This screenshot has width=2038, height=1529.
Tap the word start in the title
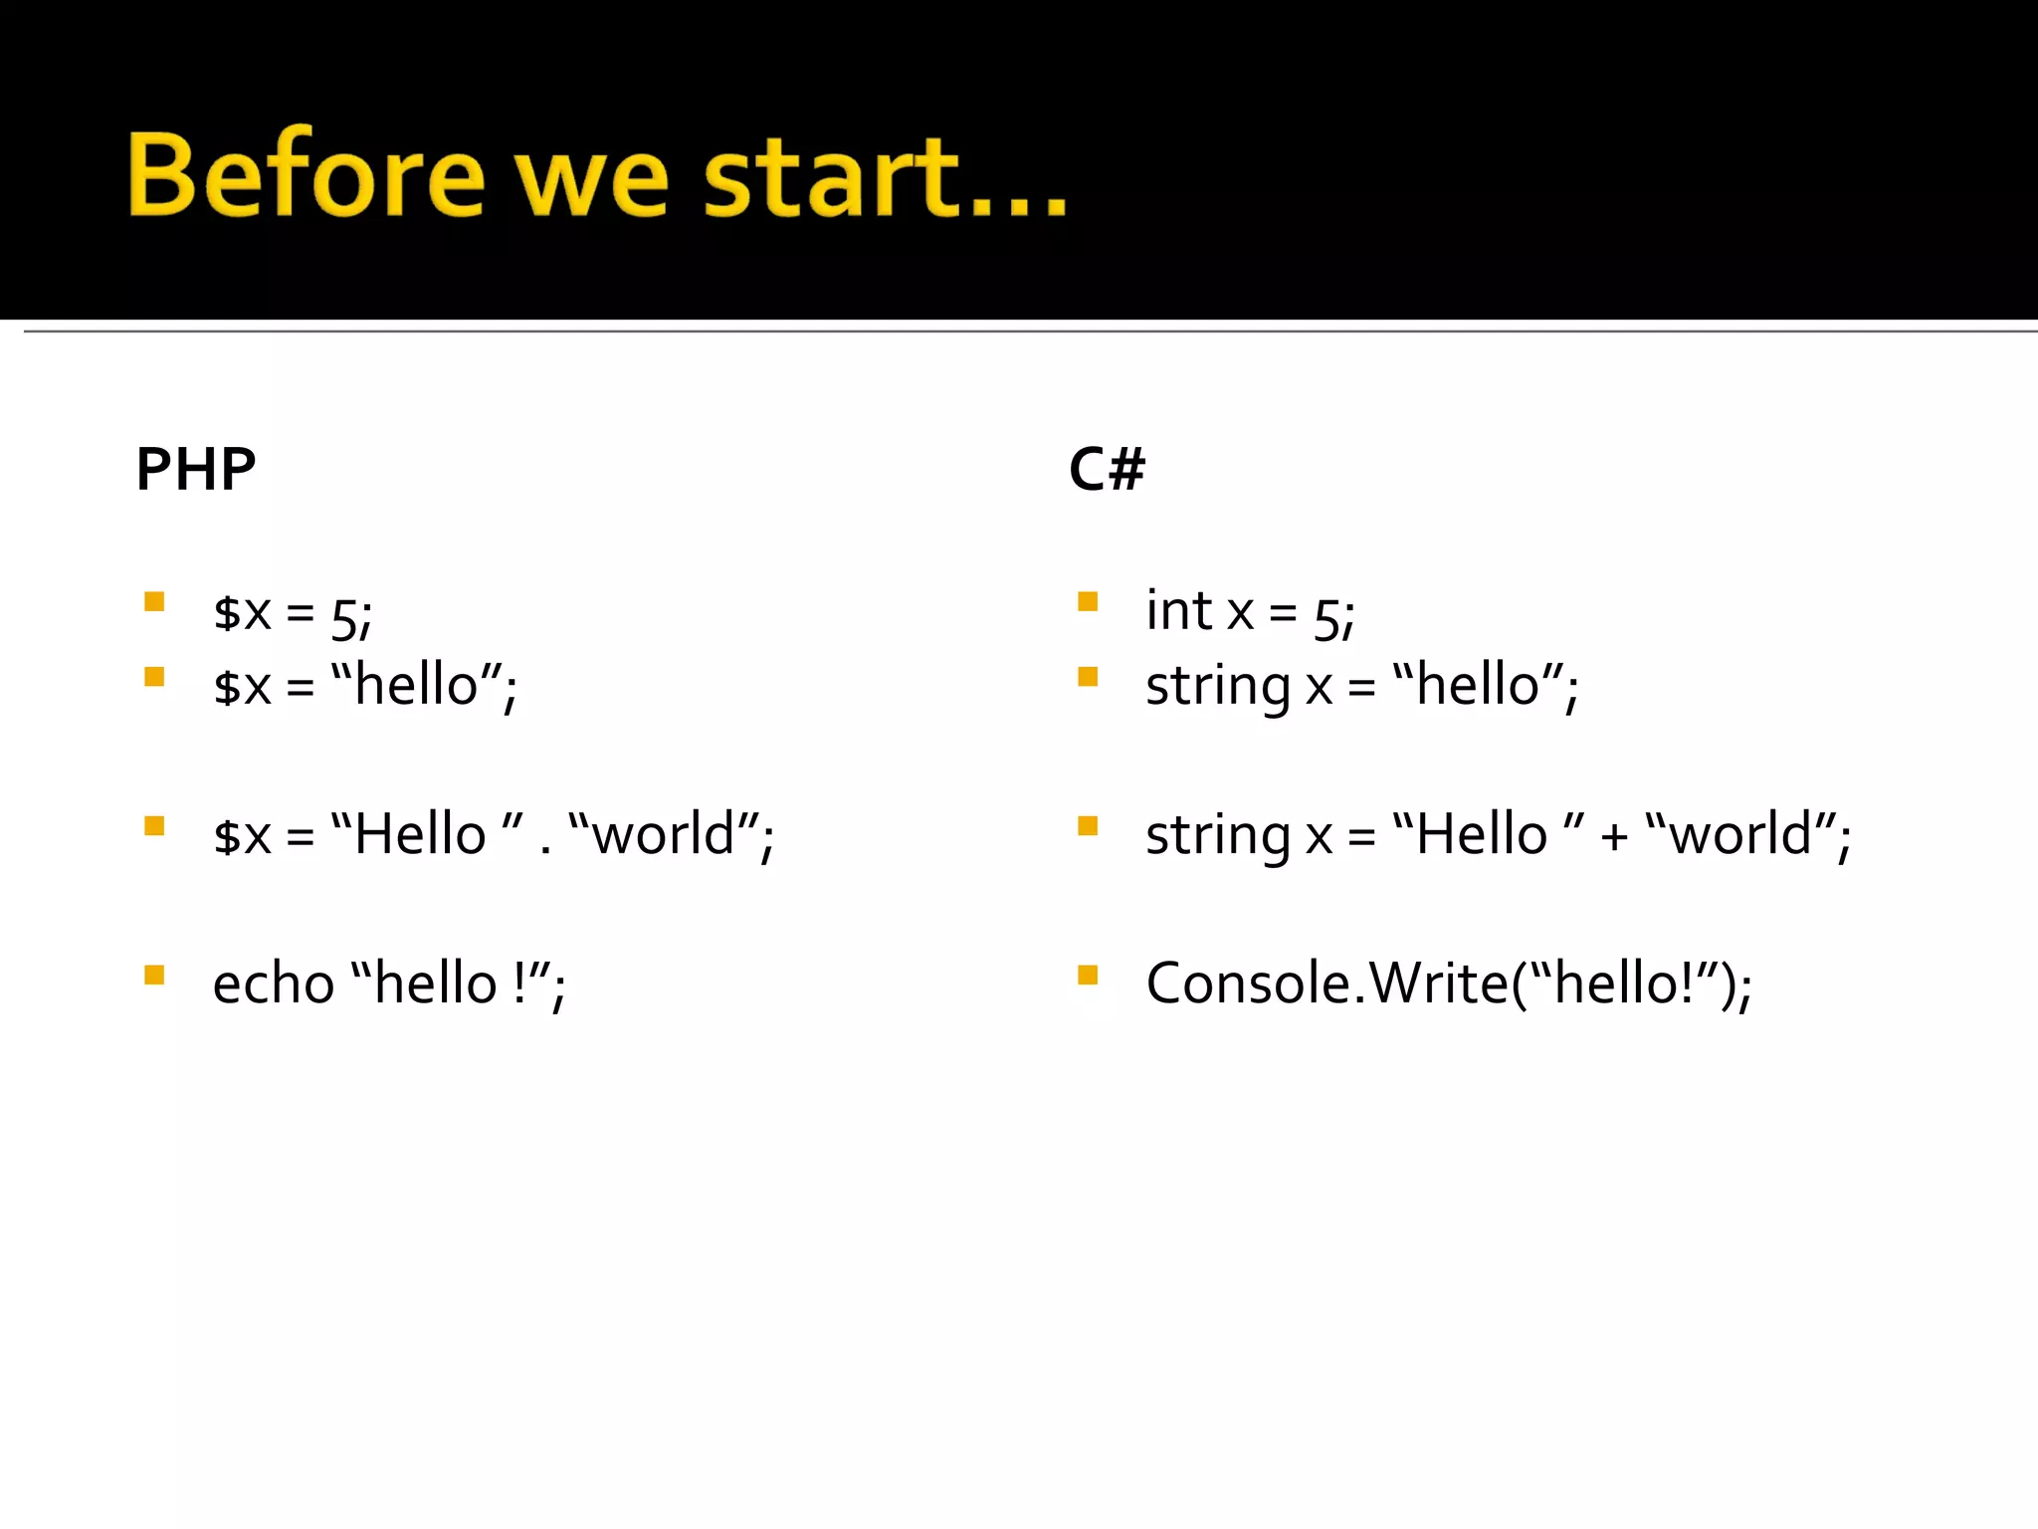(831, 177)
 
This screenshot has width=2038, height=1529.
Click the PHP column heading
(196, 469)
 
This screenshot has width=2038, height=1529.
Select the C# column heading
(1107, 469)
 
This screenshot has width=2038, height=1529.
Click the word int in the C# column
(1178, 610)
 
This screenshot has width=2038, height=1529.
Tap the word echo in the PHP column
(274, 983)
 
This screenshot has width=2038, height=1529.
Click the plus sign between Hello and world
(1614, 837)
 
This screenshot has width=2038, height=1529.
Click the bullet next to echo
(154, 975)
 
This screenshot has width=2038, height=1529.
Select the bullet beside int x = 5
(1088, 601)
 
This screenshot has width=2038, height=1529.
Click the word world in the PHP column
(663, 834)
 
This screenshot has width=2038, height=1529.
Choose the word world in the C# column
(1739, 834)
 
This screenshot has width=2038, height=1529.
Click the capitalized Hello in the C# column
(1481, 834)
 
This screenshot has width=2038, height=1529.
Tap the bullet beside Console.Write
(1088, 975)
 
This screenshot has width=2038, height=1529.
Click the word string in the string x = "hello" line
(1218, 688)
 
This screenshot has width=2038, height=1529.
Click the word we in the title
(591, 179)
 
